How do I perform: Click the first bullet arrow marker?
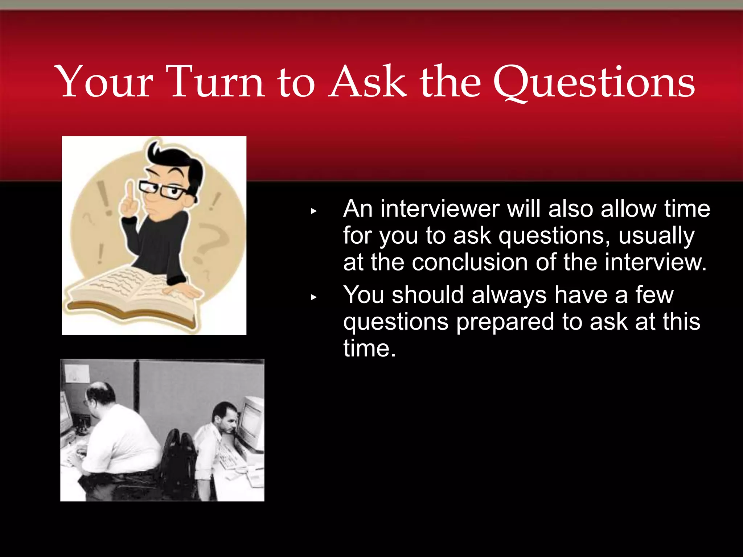tap(314, 211)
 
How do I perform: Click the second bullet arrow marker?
tap(314, 297)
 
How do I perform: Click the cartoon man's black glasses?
tap(163, 190)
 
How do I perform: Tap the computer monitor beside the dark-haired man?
tap(251, 422)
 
